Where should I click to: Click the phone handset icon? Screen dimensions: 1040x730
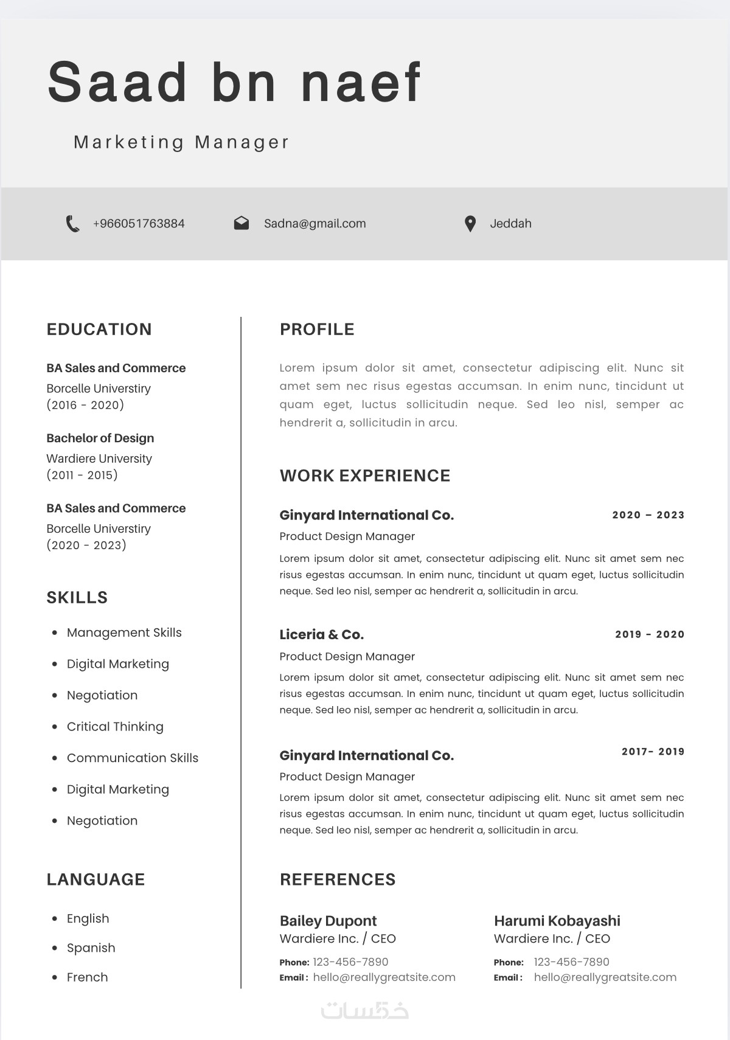[72, 224]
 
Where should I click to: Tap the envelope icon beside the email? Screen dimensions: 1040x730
[242, 223]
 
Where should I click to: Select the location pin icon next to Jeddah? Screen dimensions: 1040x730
[470, 224]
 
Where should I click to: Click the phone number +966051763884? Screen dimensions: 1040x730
[139, 224]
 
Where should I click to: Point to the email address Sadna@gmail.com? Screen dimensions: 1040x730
[315, 224]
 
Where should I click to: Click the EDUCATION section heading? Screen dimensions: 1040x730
[99, 330]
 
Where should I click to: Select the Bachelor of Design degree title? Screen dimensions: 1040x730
[100, 439]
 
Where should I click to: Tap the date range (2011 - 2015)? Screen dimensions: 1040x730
[82, 475]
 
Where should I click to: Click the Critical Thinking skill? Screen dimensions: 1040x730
[115, 727]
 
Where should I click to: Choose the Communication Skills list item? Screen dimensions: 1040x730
[133, 758]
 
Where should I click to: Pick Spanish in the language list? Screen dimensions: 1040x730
[91, 948]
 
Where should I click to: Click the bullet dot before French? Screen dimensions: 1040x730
[55, 977]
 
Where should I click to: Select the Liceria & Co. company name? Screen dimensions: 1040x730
[321, 635]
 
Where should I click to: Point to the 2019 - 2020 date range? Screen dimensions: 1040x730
[649, 634]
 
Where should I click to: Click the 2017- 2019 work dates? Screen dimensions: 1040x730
[653, 752]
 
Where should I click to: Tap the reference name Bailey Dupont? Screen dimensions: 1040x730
[328, 921]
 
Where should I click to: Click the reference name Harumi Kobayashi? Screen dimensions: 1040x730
[557, 921]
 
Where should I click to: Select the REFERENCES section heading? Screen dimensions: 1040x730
[338, 879]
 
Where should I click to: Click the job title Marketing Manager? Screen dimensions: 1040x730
[181, 142]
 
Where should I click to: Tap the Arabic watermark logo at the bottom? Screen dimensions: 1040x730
[364, 1010]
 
